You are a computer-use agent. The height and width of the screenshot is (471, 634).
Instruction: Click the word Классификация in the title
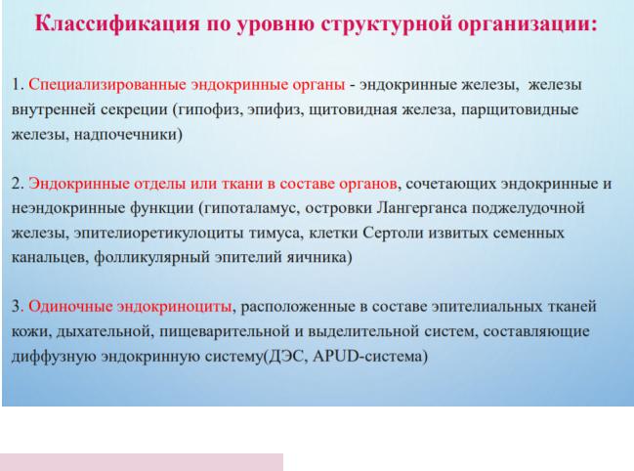117,23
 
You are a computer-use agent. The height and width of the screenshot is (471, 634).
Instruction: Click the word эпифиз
275,110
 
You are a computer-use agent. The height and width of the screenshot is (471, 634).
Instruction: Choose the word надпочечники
126,134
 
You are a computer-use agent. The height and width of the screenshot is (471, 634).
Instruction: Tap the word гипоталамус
252,208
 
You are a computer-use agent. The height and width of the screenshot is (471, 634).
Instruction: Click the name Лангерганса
422,208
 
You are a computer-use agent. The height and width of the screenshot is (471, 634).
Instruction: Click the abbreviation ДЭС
286,356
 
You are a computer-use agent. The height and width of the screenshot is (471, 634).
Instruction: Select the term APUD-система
367,356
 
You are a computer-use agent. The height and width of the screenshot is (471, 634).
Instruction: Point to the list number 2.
18,184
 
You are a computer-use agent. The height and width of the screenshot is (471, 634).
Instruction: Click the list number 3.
18,307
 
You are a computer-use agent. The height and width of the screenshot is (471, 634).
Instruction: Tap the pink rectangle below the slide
142,462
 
